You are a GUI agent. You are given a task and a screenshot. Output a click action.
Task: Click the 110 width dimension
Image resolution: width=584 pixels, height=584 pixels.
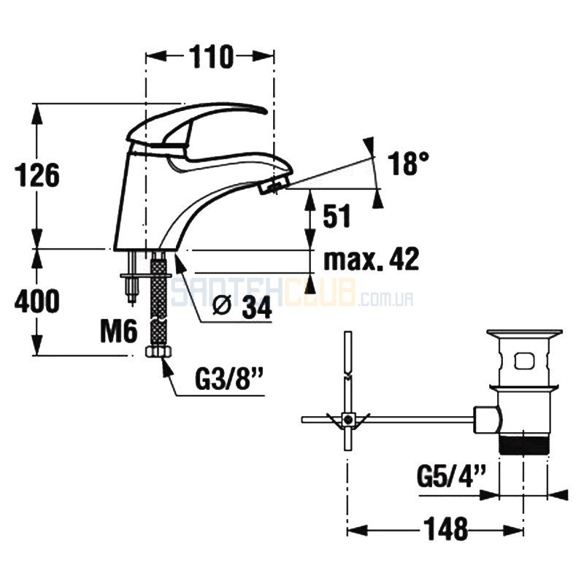tap(210, 57)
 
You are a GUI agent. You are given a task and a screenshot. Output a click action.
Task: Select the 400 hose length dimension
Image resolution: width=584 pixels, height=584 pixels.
tap(37, 300)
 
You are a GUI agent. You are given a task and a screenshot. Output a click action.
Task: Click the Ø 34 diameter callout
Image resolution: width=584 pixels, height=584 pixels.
tap(242, 307)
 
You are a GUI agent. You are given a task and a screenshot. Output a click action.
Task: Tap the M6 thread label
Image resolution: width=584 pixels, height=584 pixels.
tap(119, 332)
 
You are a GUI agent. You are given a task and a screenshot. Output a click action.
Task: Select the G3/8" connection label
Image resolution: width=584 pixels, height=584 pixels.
tap(229, 378)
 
